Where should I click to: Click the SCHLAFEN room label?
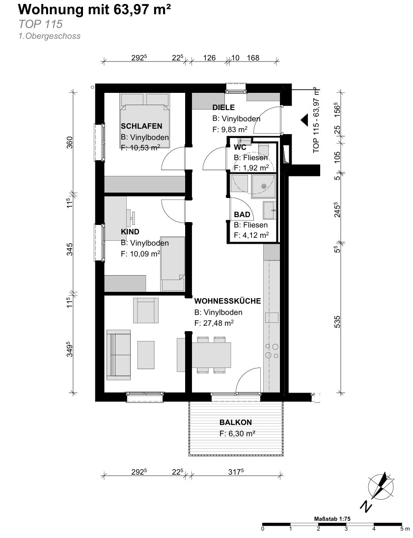(x=141, y=126)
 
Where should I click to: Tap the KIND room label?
(x=130, y=231)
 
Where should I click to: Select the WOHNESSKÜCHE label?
(x=227, y=301)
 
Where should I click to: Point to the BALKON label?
(x=236, y=423)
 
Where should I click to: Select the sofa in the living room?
(x=119, y=355)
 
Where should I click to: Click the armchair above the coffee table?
(x=146, y=310)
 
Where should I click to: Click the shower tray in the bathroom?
(x=263, y=187)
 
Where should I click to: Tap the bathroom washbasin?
(x=269, y=210)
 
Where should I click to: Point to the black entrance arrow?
(x=304, y=120)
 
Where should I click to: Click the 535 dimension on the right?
(x=337, y=322)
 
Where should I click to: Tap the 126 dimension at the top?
(x=209, y=57)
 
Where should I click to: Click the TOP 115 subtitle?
(x=40, y=24)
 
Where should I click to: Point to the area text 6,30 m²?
(x=241, y=434)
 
